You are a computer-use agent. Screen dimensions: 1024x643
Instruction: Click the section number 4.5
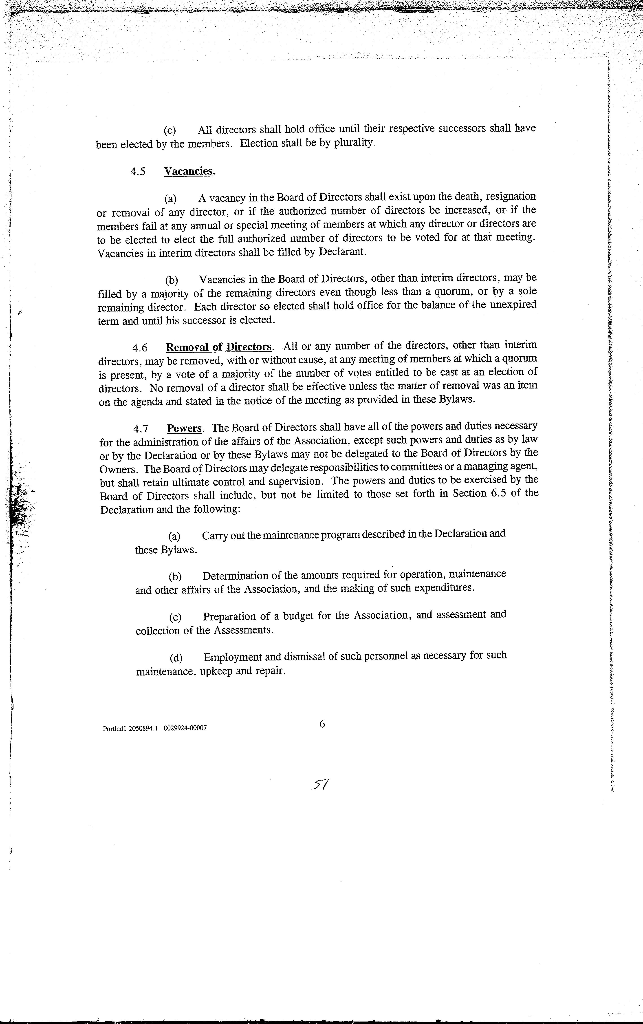click(x=138, y=172)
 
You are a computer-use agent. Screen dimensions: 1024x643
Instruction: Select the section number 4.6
click(x=140, y=348)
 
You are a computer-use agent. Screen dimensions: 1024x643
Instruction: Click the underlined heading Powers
click(x=184, y=428)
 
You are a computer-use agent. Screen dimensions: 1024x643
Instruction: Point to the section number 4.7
click(x=140, y=429)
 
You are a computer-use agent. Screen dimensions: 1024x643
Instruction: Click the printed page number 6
click(x=322, y=723)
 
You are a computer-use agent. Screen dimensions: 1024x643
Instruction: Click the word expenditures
click(x=444, y=589)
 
